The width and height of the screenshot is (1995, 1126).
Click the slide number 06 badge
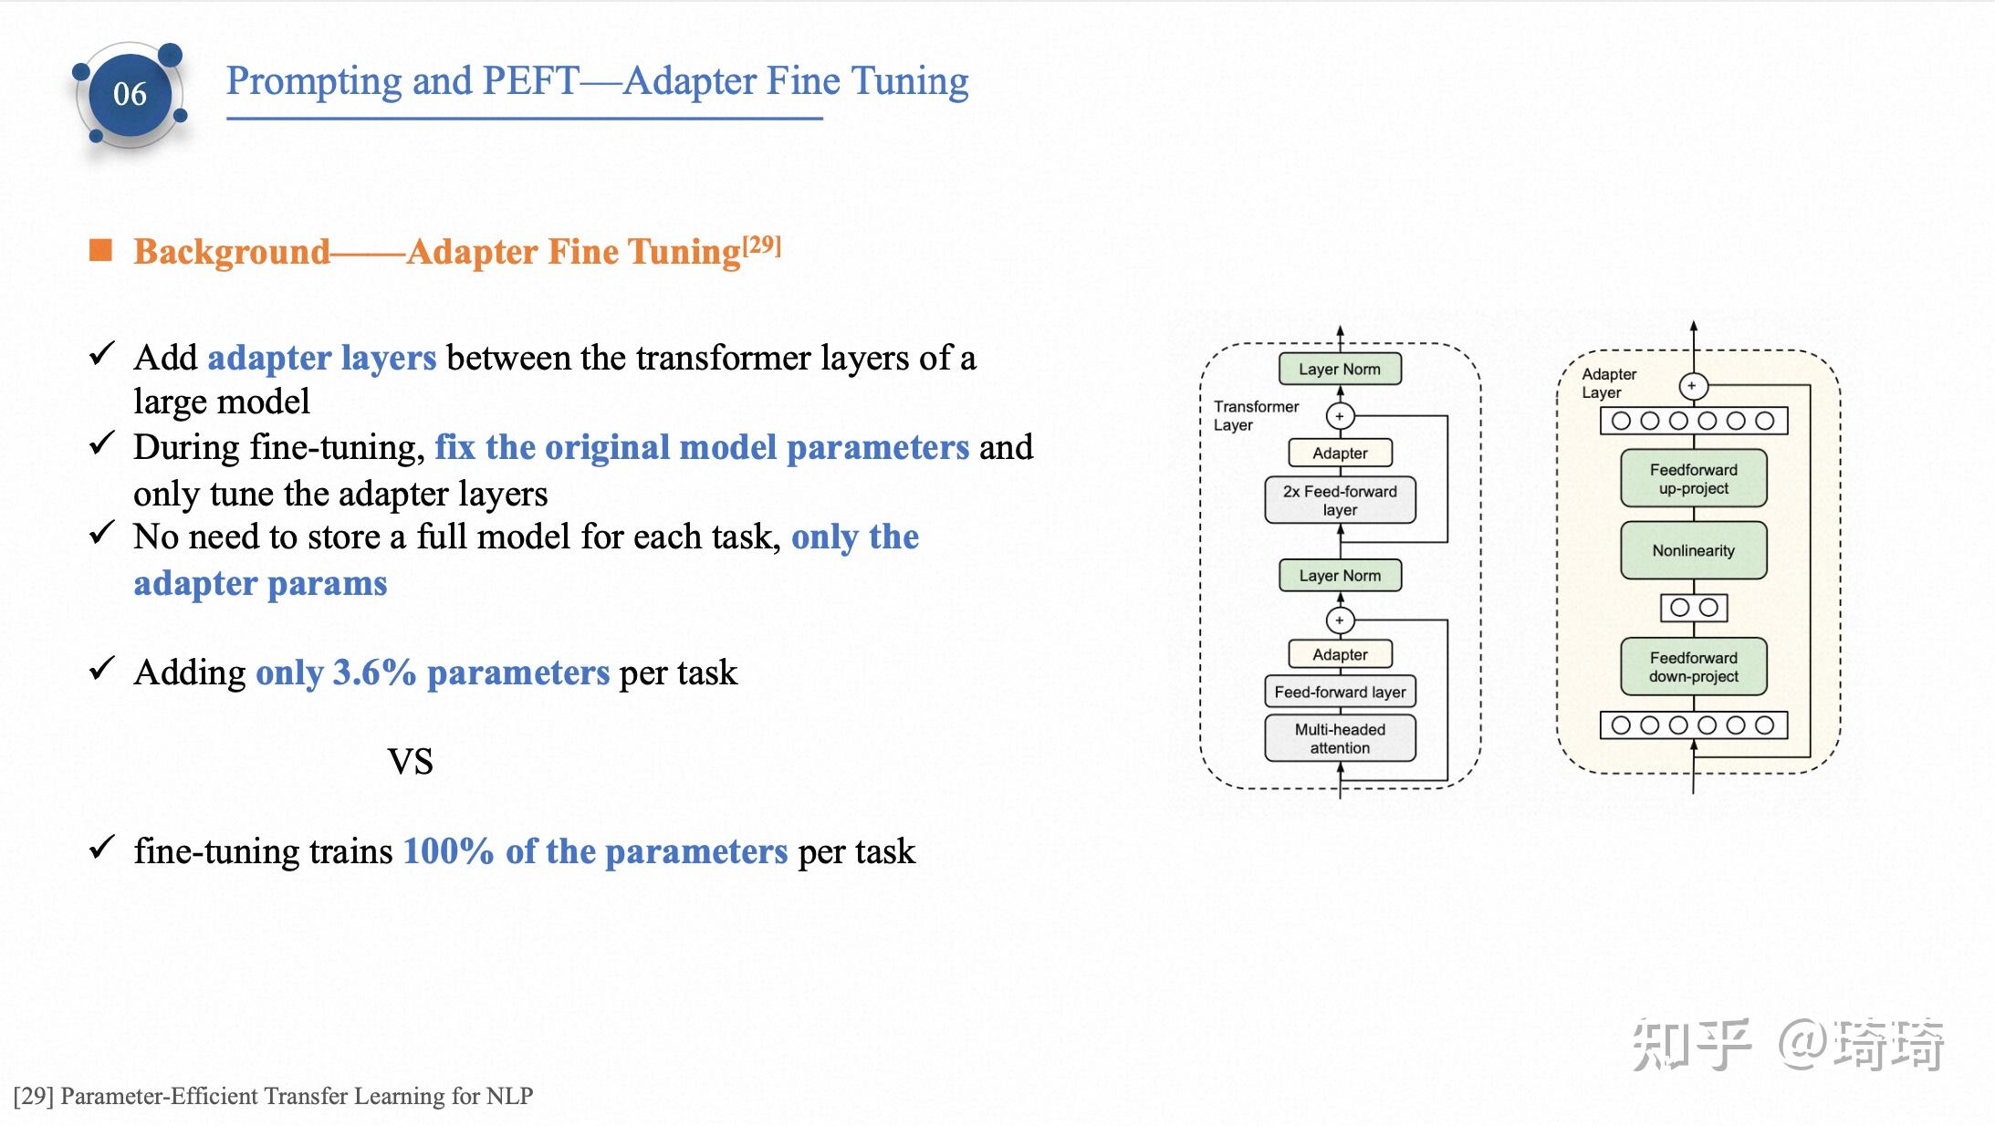(131, 94)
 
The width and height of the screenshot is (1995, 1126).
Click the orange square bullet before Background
(100, 250)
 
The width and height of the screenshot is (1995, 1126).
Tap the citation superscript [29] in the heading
(762, 245)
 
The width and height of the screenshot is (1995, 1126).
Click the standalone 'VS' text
(410, 761)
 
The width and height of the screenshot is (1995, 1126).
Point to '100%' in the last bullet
(448, 851)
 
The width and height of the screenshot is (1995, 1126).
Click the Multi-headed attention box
(1340, 738)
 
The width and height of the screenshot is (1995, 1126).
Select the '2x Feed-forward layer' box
(1340, 500)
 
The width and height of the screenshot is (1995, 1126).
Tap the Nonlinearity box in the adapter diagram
(1693, 550)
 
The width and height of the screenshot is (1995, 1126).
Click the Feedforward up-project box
(1693, 479)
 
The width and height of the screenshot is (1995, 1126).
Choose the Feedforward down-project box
(1693, 667)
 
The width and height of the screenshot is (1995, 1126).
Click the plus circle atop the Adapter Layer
(1693, 386)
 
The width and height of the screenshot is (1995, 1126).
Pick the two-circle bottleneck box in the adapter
(1694, 608)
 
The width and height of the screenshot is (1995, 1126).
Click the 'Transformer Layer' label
(1255, 415)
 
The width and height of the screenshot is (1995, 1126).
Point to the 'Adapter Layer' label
(1608, 383)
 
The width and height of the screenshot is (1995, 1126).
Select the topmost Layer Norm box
(1340, 369)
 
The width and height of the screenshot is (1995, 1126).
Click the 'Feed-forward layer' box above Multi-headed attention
(1340, 692)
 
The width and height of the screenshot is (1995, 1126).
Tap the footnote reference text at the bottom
(273, 1096)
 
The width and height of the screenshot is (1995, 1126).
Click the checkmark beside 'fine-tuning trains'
(101, 848)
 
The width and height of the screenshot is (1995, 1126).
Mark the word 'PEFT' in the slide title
(530, 80)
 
